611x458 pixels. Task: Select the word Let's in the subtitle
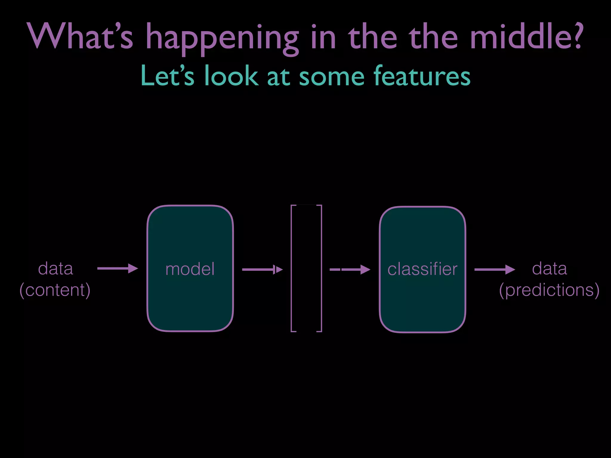(167, 76)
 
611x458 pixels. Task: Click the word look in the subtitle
(231, 76)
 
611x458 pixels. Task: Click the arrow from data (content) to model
(118, 268)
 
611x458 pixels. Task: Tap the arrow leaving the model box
(262, 270)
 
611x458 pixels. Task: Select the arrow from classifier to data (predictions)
(494, 270)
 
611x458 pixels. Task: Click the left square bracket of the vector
(292, 268)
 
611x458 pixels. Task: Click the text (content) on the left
(55, 290)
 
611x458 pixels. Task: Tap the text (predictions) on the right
(549, 290)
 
